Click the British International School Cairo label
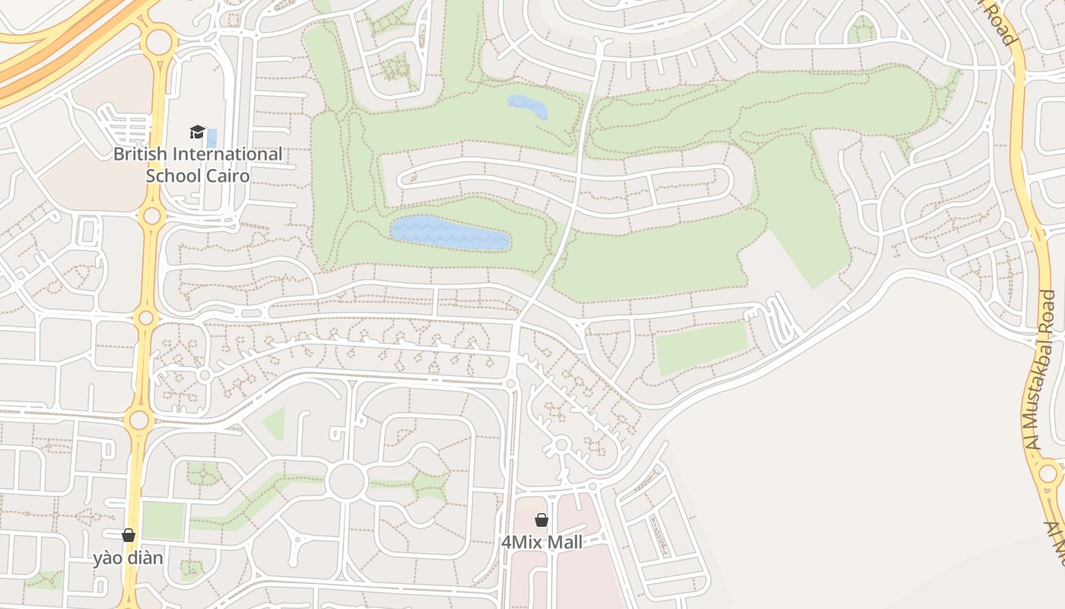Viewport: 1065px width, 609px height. [198, 164]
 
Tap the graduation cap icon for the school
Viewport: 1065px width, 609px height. [198, 132]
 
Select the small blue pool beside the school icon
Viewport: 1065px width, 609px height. [211, 138]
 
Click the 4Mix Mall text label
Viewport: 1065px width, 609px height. [542, 542]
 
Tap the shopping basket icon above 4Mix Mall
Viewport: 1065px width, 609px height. [542, 520]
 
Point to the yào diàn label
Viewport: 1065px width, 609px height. [128, 558]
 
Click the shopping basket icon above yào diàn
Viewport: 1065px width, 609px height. [129, 535]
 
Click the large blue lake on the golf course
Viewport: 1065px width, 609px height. [449, 233]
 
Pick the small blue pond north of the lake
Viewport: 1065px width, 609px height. [527, 107]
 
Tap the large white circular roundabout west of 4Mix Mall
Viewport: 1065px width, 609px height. [346, 481]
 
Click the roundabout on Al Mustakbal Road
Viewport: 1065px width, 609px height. [1048, 474]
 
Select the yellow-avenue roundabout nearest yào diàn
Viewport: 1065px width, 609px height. [138, 419]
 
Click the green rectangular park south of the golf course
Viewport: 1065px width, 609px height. [701, 347]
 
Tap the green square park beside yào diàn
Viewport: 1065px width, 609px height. [164, 521]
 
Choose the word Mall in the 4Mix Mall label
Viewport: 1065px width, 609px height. [567, 542]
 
